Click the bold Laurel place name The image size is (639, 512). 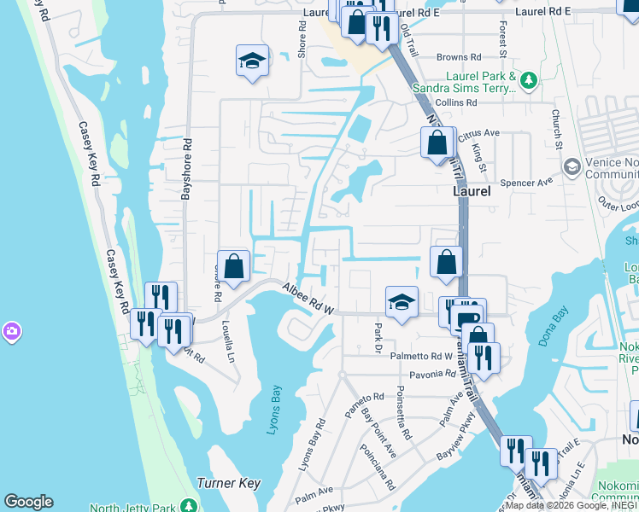click(472, 192)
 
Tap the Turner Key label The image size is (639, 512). click(228, 483)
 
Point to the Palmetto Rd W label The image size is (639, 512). click(420, 356)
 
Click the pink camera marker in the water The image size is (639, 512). click(11, 330)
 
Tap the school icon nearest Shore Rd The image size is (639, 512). click(252, 61)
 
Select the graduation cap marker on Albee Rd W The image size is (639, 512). click(402, 302)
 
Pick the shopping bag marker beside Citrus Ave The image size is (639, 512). click(437, 142)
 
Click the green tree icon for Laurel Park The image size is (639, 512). click(530, 81)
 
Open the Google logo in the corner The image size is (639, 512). click(28, 502)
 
